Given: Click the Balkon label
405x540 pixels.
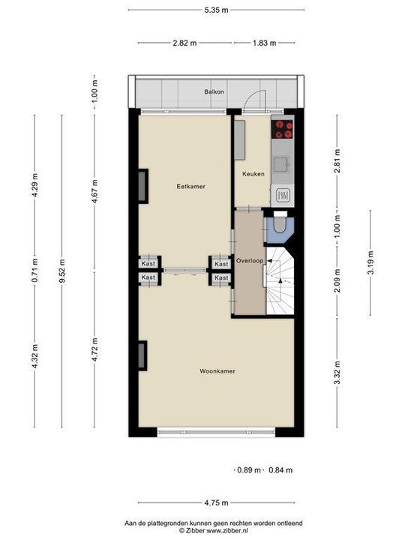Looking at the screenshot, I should click(x=214, y=92).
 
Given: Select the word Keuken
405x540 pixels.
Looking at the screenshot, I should click(x=252, y=174).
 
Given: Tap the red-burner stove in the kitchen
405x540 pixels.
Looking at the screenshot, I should click(x=282, y=130).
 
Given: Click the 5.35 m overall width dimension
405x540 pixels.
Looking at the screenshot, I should click(x=215, y=10).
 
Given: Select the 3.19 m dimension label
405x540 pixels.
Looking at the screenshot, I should click(x=370, y=263).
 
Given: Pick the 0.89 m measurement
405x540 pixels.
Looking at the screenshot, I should click(x=248, y=470).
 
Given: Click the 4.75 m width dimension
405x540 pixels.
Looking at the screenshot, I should click(x=215, y=503).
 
